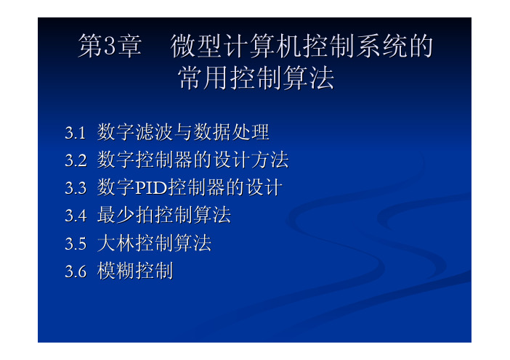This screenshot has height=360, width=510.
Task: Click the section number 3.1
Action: pyautogui.click(x=76, y=133)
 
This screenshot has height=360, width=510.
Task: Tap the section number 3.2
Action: pyautogui.click(x=76, y=160)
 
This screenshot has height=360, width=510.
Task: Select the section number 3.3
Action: pyautogui.click(x=76, y=188)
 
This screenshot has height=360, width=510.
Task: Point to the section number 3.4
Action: pyautogui.click(x=76, y=216)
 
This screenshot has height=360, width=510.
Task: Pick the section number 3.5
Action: pyautogui.click(x=76, y=244)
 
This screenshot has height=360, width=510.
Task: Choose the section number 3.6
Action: pyautogui.click(x=76, y=271)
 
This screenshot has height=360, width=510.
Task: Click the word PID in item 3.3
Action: pyautogui.click(x=150, y=188)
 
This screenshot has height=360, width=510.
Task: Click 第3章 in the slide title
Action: pyautogui.click(x=110, y=46)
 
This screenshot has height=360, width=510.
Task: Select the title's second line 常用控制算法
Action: pyautogui.click(x=256, y=78)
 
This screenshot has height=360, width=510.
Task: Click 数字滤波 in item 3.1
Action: pyautogui.click(x=135, y=132)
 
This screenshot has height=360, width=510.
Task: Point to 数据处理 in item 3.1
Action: pyautogui.click(x=231, y=132)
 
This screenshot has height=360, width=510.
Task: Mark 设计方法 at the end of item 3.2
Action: pyautogui.click(x=251, y=160)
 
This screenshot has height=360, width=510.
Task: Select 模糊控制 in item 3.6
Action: pyautogui.click(x=135, y=271)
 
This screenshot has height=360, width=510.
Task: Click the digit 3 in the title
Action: pyautogui.click(x=110, y=46)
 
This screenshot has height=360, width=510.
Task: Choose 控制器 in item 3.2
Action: pyautogui.click(x=164, y=160)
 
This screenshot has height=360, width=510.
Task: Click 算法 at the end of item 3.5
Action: pyautogui.click(x=193, y=243)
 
